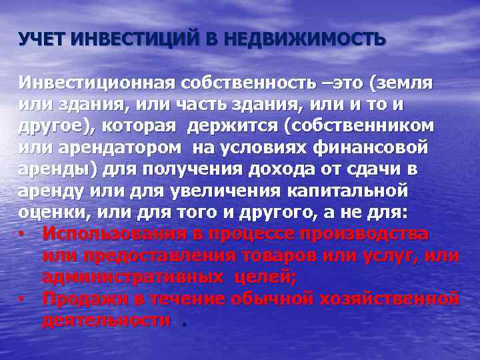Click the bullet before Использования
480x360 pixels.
click(23, 234)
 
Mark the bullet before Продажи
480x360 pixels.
click(23, 298)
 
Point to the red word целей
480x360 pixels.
click(257, 277)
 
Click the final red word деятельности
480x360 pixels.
click(106, 319)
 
